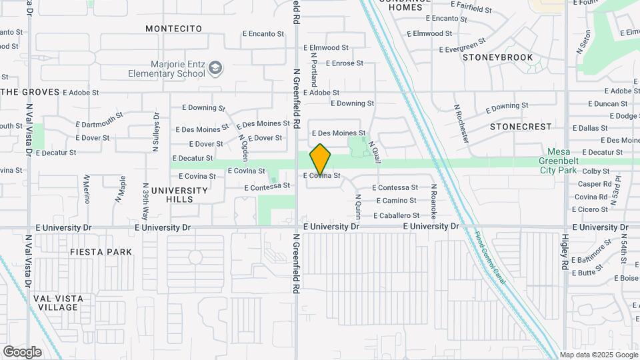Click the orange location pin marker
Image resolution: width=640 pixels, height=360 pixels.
(320, 159)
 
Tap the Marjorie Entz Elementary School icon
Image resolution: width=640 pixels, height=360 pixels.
(215, 67)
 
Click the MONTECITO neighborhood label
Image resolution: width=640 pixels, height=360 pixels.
(173, 29)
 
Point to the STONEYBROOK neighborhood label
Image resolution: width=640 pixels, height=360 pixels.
(498, 57)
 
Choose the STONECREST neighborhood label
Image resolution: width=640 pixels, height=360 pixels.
(521, 126)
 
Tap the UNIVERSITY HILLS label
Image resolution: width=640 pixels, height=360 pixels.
(179, 195)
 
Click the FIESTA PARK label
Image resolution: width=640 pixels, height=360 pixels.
(101, 252)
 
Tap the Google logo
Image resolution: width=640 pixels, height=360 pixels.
(22, 351)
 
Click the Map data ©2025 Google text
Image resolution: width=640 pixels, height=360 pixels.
(598, 355)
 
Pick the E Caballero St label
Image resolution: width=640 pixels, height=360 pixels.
(396, 215)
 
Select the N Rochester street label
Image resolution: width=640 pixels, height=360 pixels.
(461, 123)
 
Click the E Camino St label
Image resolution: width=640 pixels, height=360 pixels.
(396, 201)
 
